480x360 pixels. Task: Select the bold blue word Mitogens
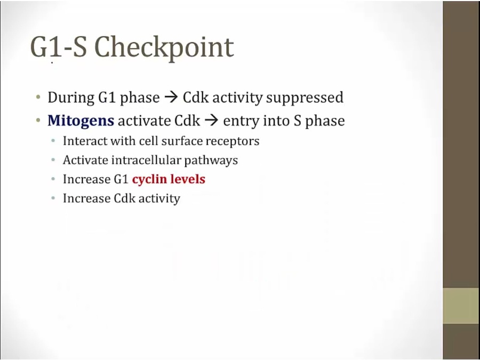81,121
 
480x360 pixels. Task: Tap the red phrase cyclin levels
169,179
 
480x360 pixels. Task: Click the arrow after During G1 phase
171,98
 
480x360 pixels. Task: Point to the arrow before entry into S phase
212,121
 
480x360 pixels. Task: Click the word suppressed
305,98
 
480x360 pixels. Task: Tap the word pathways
211,161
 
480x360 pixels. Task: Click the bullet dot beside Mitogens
38,121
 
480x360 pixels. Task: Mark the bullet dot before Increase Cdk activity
53,198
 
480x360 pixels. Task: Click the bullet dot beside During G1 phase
38,98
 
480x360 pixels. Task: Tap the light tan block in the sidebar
461,306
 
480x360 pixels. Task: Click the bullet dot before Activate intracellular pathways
53,160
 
